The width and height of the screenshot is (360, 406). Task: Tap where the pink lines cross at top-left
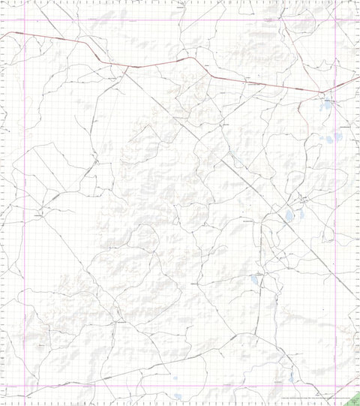coord(25,20)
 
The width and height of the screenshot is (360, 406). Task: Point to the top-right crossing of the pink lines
coord(334,20)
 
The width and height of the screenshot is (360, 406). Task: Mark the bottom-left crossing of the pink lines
coord(25,386)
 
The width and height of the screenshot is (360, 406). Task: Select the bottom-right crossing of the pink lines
coord(334,386)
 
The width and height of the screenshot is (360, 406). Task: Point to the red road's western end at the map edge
coord(1,35)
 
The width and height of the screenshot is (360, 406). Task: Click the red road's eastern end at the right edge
coord(359,77)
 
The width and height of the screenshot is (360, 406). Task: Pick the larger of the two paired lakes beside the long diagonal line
coord(289,218)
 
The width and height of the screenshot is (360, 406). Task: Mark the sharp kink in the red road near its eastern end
coord(322,92)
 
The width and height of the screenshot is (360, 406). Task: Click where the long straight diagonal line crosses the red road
coord(125,68)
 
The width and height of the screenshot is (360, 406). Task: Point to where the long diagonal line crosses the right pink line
coord(334,275)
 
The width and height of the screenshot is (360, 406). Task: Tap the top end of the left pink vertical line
coord(25,1)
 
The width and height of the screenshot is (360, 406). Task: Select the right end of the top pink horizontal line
coord(359,20)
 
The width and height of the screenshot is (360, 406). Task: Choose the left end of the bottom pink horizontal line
coord(1,386)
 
